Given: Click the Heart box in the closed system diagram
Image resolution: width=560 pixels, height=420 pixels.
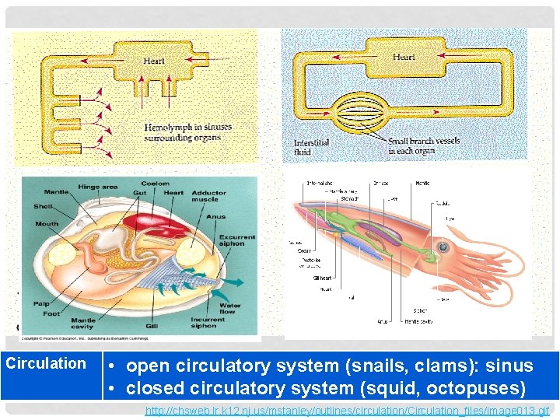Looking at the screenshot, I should (403, 58).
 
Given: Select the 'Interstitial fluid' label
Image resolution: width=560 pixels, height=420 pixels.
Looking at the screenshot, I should (311, 148).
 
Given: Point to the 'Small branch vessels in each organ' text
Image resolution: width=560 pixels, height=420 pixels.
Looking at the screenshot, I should (424, 145).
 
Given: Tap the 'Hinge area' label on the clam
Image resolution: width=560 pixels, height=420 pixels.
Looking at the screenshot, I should (98, 187).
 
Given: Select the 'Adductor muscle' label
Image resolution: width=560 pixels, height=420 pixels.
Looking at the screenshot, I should (208, 197).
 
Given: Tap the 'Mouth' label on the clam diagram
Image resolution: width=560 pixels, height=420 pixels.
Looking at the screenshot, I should (46, 223).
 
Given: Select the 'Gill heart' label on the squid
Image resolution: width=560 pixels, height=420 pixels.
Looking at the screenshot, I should (322, 277).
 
